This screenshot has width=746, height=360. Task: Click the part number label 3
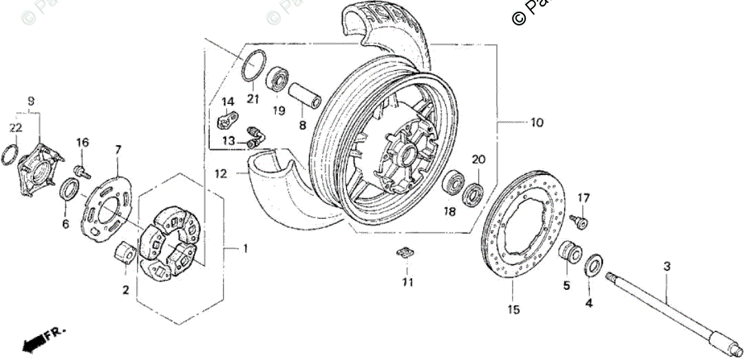click(x=666, y=266)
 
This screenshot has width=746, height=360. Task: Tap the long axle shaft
click(x=675, y=310)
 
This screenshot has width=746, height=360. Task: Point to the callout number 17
click(x=584, y=198)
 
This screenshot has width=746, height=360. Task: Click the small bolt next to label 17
click(x=580, y=222)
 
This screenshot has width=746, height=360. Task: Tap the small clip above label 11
click(x=406, y=253)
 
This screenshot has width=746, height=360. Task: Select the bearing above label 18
click(x=454, y=183)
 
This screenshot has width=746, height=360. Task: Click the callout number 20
click(x=478, y=160)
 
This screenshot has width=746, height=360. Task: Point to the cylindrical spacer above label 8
click(x=305, y=97)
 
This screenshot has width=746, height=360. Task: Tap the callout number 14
click(x=228, y=103)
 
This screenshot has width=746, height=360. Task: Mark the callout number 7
click(x=118, y=149)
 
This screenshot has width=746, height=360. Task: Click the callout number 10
click(x=536, y=123)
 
